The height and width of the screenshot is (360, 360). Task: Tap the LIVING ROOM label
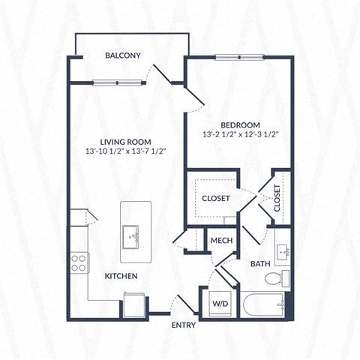tap(126, 141)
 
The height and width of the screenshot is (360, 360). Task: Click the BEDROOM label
tap(240, 124)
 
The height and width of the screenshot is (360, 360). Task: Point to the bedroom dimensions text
tap(241, 135)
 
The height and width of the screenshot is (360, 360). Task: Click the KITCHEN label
tap(121, 276)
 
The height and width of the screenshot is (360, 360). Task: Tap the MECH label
tap(221, 240)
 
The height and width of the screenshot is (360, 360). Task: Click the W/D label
tap(220, 304)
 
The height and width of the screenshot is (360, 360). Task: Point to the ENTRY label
tap(184, 325)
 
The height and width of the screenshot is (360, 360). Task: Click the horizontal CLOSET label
tap(216, 198)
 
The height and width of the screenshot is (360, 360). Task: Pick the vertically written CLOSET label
tap(277, 199)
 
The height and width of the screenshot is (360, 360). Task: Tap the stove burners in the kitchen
tap(79, 262)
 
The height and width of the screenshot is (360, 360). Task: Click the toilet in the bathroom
tap(275, 279)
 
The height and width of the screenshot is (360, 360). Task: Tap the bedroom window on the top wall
tap(238, 58)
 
